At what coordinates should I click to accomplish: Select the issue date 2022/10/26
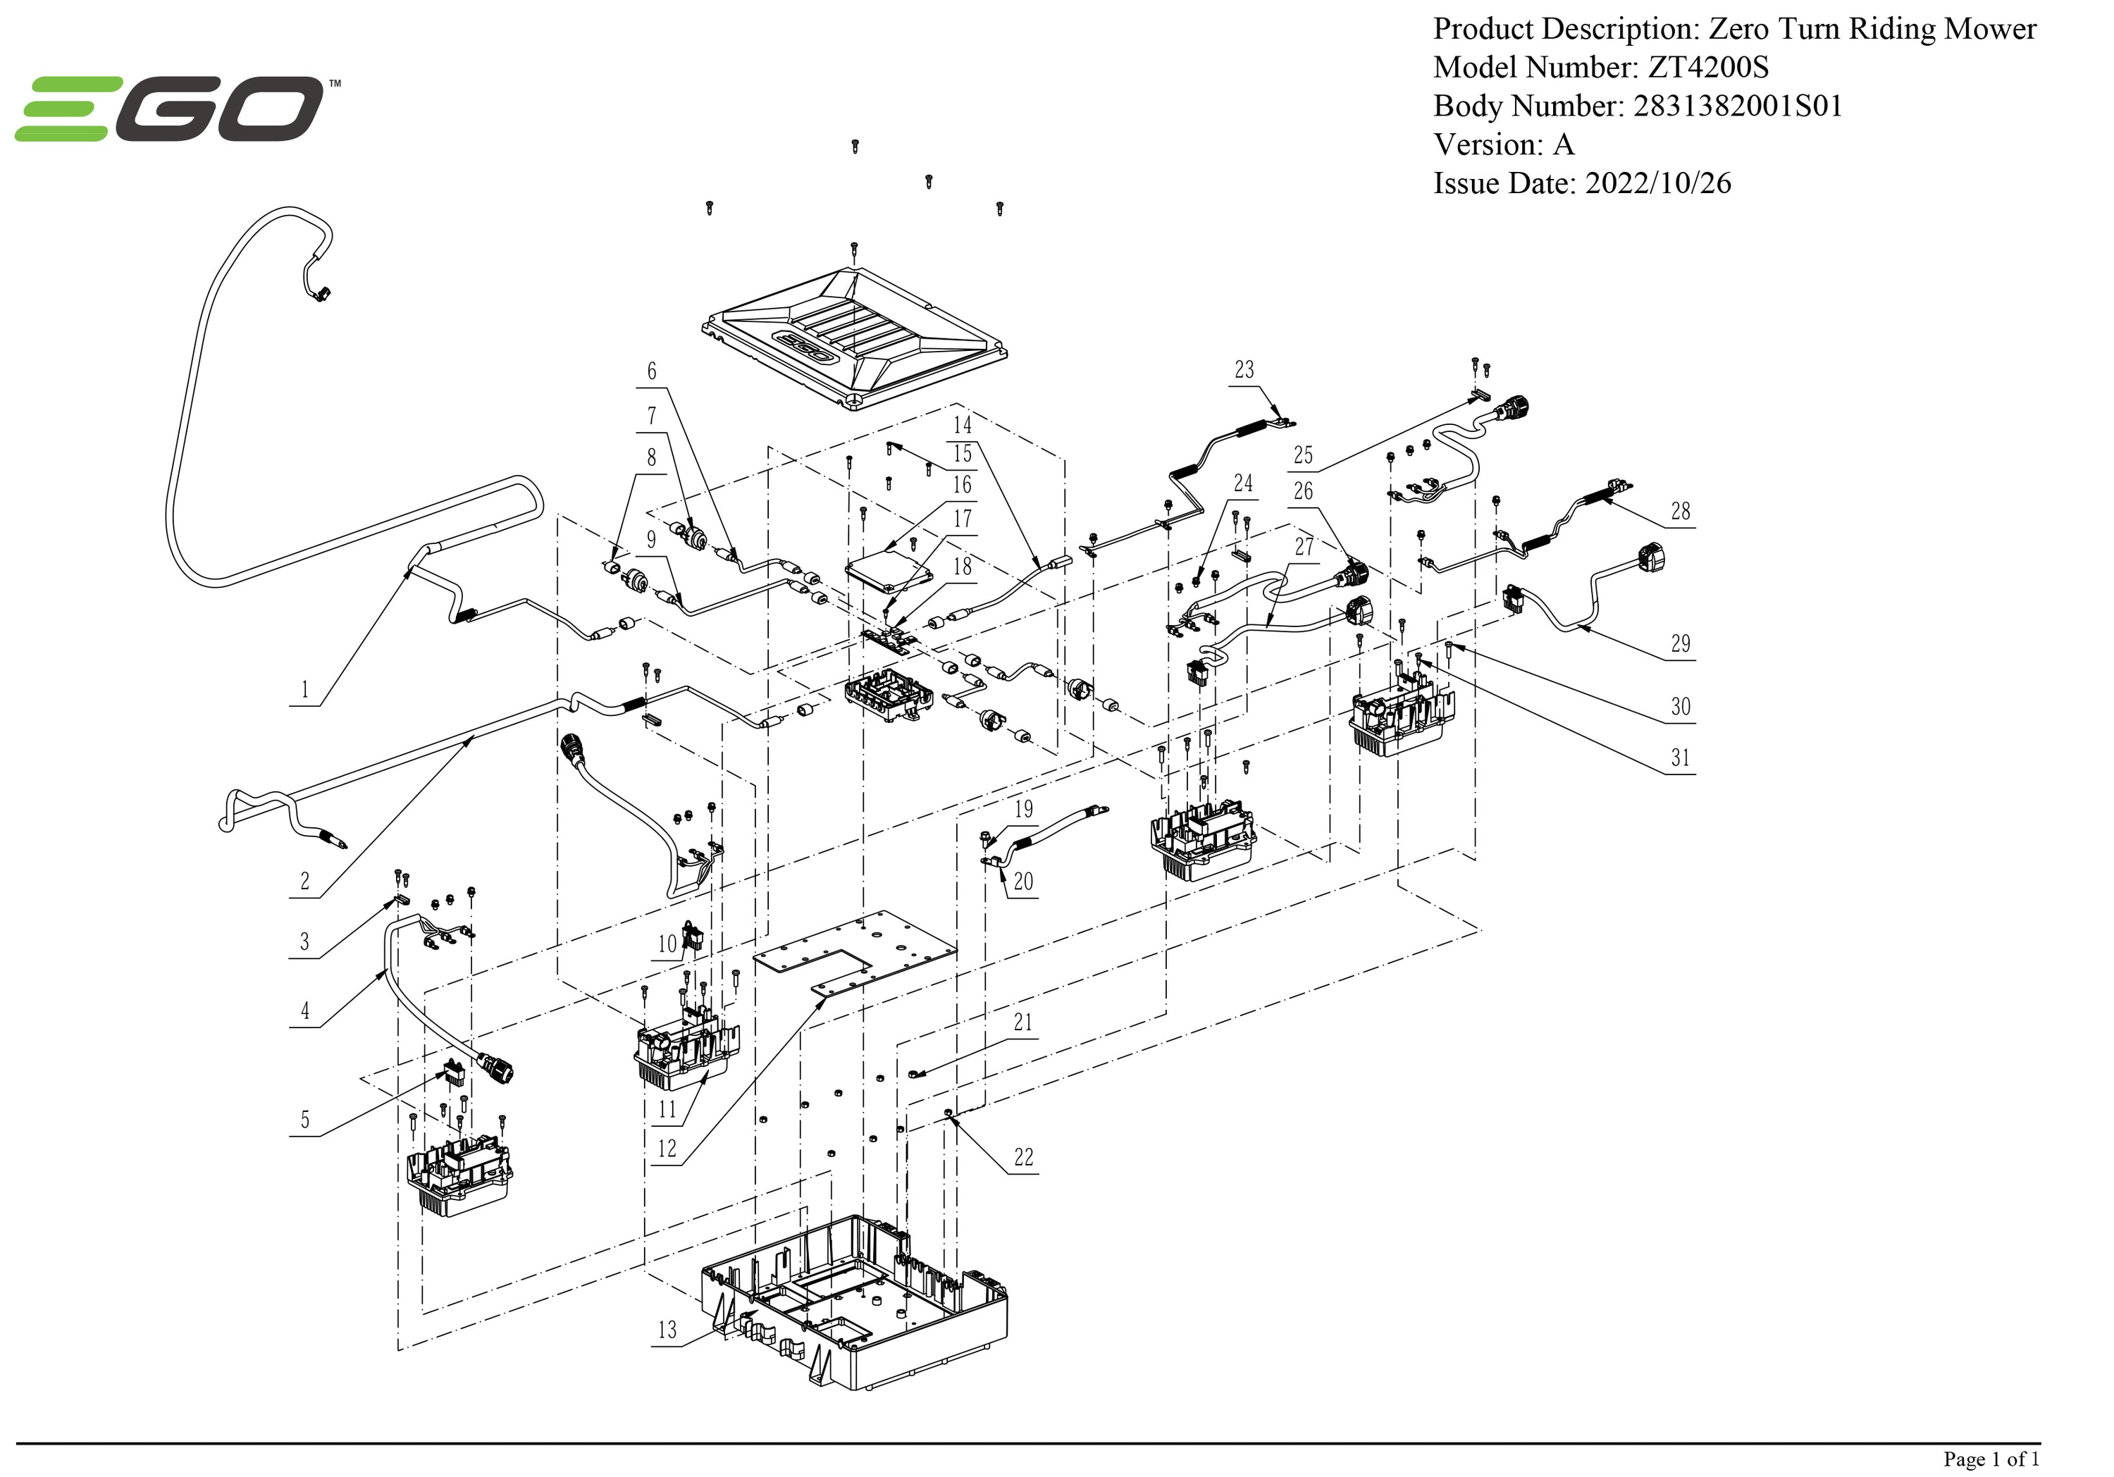pos(1657,183)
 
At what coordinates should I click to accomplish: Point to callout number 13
pos(667,1330)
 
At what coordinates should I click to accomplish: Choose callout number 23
pos(1244,370)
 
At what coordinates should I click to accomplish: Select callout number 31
pos(1681,758)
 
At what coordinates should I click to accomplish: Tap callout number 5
pos(304,1120)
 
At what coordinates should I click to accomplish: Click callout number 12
pos(667,1148)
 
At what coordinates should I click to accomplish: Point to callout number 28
pos(1681,511)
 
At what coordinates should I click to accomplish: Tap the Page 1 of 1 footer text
pos(1991,1459)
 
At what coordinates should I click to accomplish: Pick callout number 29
pos(1681,643)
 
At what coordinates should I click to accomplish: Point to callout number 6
pos(652,371)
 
